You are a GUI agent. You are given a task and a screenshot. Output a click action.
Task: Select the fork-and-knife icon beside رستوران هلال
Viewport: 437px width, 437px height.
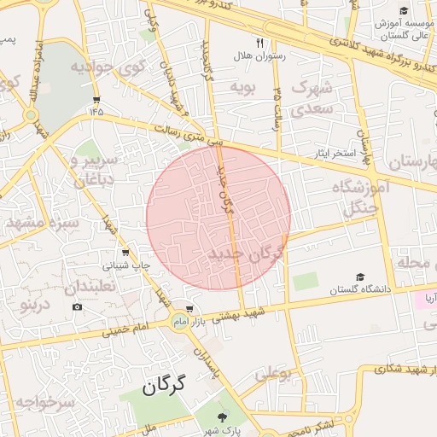point(260,42)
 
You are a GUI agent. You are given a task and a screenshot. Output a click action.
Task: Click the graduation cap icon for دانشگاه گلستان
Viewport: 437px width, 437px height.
point(359,277)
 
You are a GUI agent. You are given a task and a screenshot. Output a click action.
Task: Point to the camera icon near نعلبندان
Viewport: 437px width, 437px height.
point(78,306)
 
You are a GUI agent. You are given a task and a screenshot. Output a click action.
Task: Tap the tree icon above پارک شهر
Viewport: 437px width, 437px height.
point(223,417)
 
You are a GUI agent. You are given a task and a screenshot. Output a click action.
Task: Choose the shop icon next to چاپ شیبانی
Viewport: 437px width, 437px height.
point(126,253)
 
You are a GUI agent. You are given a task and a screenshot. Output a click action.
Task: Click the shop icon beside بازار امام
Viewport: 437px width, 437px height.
point(189,309)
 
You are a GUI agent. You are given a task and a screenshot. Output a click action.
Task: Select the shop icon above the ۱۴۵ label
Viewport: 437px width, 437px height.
point(95,98)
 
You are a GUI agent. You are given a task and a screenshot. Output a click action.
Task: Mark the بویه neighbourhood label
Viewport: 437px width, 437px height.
point(240,87)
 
